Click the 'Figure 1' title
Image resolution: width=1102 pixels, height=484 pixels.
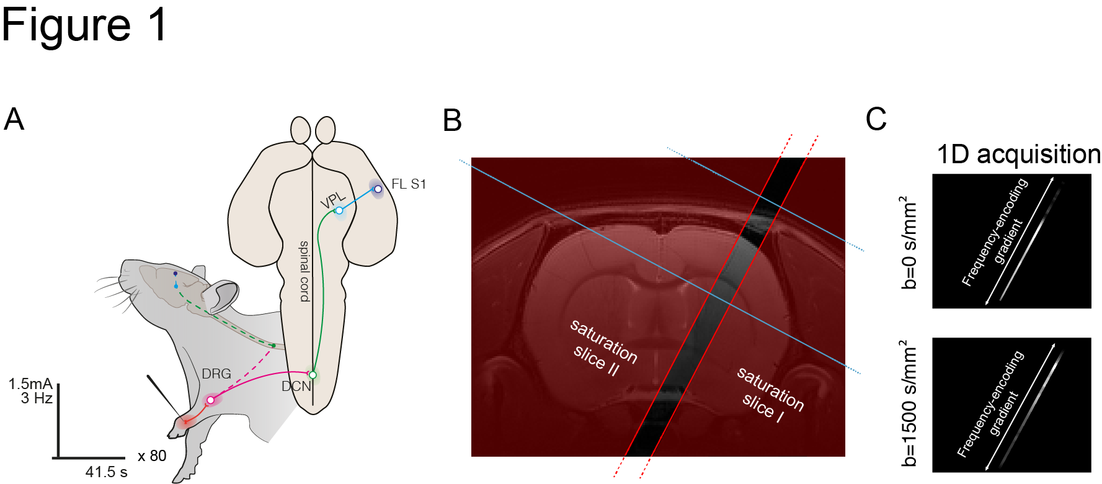(x=84, y=25)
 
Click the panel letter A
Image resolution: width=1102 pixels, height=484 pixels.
(x=14, y=119)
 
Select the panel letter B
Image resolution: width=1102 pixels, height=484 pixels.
(x=452, y=120)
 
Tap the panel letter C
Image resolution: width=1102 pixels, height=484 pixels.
(x=876, y=119)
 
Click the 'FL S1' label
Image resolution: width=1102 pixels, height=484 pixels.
(x=409, y=184)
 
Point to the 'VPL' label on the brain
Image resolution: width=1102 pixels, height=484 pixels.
(x=332, y=200)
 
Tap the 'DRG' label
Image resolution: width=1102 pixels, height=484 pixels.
(x=216, y=374)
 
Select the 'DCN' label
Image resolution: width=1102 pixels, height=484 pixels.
(x=296, y=387)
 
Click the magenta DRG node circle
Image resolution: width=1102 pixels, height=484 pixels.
(x=211, y=400)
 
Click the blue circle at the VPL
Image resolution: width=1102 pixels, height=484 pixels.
(x=339, y=210)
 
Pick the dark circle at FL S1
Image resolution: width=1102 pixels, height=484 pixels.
(x=378, y=189)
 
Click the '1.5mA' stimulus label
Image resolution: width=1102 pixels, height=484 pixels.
(x=30, y=384)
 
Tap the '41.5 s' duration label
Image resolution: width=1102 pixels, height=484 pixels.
(x=106, y=472)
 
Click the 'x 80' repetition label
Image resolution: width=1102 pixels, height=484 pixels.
(x=152, y=456)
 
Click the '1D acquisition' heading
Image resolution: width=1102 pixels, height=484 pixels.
(x=1018, y=155)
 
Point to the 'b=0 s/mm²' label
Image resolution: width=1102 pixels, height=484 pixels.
(x=908, y=243)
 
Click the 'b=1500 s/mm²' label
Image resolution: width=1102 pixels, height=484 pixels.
(x=908, y=403)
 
